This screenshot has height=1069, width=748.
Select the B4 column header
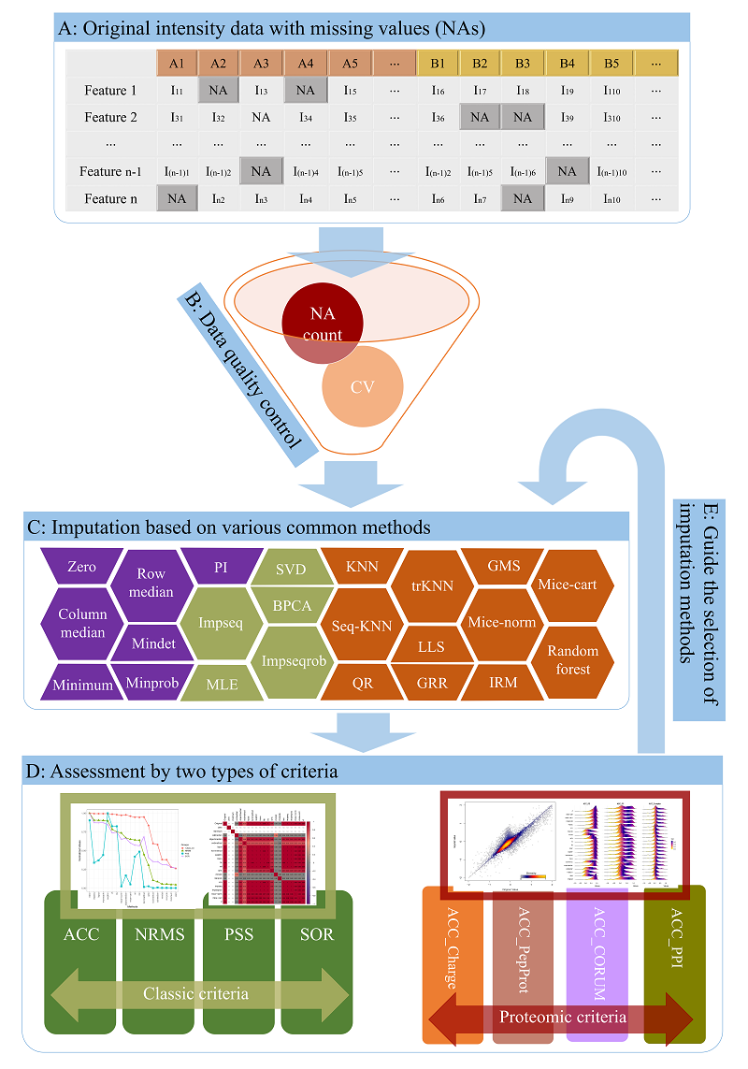click(x=567, y=64)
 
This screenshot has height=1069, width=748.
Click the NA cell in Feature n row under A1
click(x=176, y=198)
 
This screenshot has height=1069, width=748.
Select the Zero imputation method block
click(x=81, y=568)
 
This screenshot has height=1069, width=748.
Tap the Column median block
click(x=83, y=624)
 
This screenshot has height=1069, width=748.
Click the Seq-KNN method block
click(x=361, y=625)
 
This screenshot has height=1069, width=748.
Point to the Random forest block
click(x=573, y=660)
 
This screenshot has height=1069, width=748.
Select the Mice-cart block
click(x=573, y=585)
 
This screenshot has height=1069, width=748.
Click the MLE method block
click(x=222, y=684)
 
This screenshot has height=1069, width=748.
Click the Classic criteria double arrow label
click(x=197, y=993)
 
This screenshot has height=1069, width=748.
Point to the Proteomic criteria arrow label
click(x=562, y=1017)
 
